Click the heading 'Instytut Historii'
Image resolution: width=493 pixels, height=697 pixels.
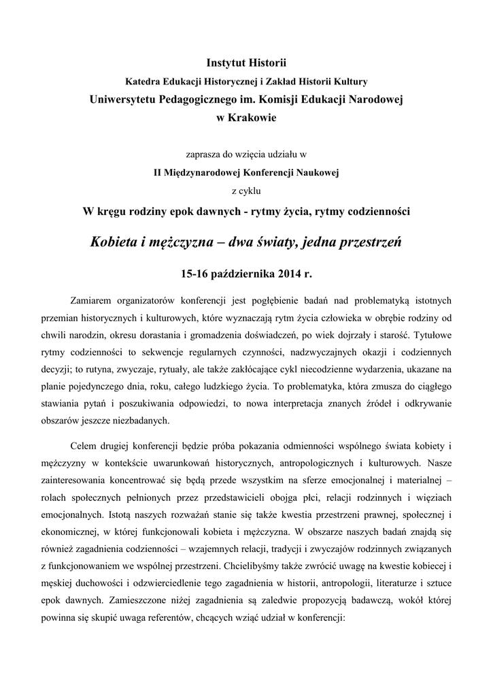click(x=246, y=63)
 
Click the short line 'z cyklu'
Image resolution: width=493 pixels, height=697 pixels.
click(x=246, y=190)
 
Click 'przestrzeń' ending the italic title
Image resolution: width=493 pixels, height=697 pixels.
click(x=369, y=242)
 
